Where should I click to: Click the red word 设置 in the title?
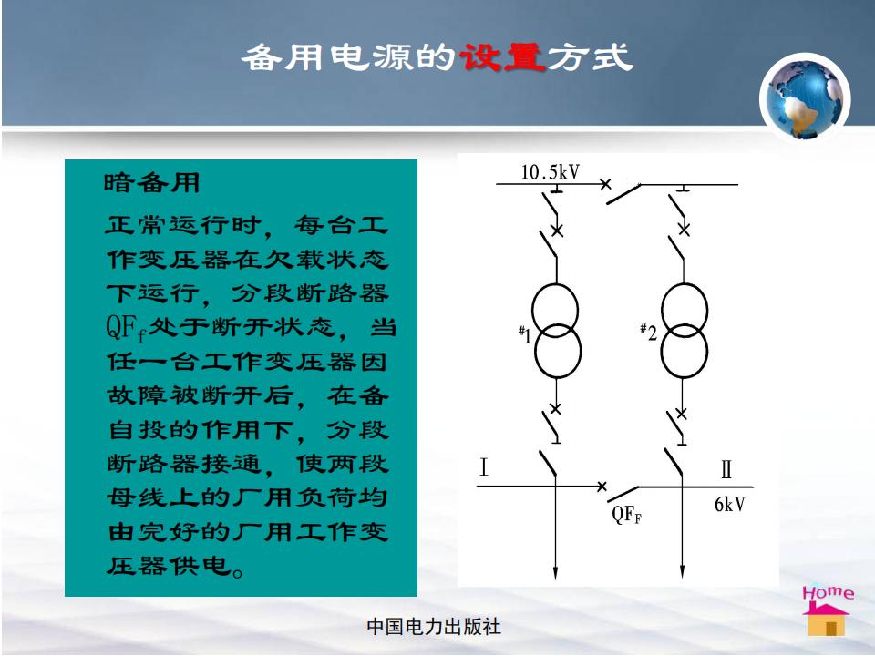(500, 56)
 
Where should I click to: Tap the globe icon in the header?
(805, 98)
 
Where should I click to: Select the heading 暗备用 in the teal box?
(152, 182)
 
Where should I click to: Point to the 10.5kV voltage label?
(551, 172)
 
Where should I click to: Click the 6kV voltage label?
(729, 504)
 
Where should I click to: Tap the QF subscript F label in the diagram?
(627, 514)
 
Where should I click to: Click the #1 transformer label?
(524, 334)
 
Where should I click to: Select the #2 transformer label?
(648, 332)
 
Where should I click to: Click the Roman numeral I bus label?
(484, 466)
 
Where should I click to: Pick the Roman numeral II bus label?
(726, 470)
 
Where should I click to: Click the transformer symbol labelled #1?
(556, 331)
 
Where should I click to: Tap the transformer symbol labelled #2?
(685, 331)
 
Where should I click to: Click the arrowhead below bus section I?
(555, 573)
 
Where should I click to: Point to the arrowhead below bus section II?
(682, 572)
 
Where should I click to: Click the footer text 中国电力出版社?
(434, 627)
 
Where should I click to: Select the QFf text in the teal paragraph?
(126, 328)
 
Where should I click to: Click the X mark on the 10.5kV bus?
(605, 183)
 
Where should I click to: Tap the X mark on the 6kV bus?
(602, 487)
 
